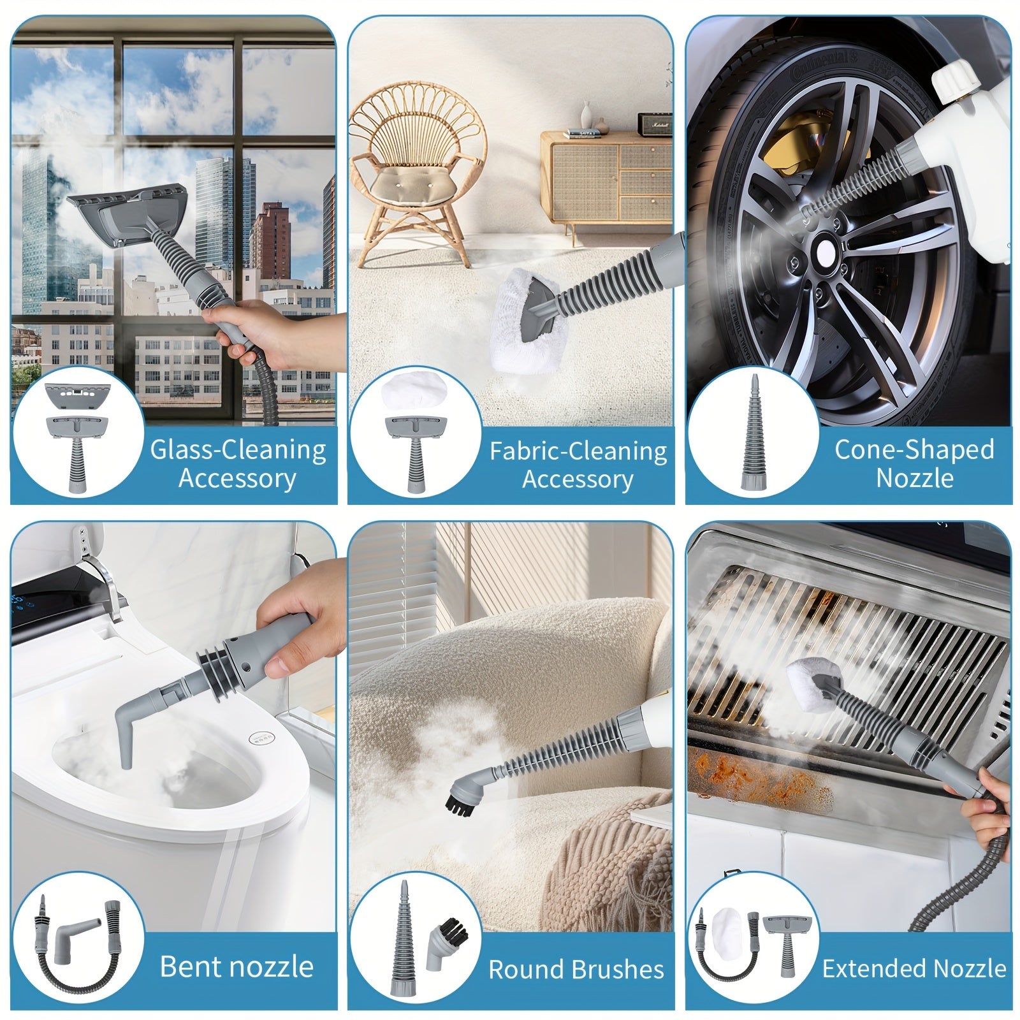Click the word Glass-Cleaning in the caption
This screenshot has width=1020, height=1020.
238,450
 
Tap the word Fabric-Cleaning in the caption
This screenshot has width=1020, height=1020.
578,451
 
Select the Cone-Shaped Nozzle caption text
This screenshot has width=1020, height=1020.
914,463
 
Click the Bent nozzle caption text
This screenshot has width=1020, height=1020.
237,966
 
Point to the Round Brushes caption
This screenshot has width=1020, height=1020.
576,969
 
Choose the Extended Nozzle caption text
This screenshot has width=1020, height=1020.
914,968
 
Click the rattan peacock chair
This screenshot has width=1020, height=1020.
416,172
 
